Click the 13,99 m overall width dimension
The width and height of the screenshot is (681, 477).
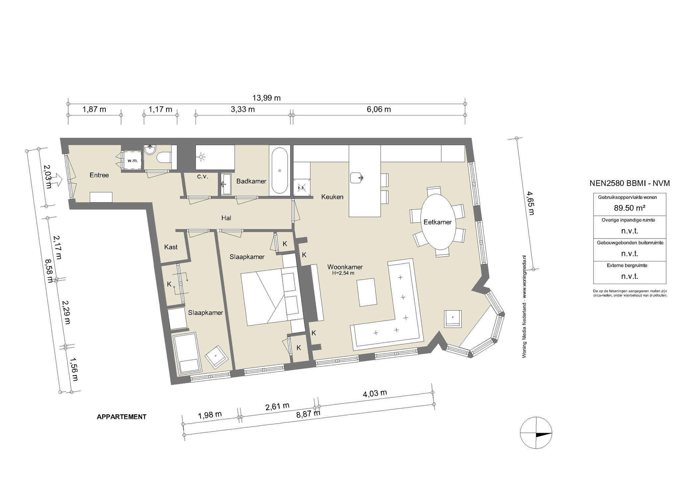coord(266,98)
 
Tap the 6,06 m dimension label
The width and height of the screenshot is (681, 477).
coord(379,109)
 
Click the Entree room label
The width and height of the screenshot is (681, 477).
coord(99,175)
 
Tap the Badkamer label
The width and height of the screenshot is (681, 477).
coord(251,181)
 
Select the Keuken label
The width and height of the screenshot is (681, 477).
coord(332,197)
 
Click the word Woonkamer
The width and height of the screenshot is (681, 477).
coord(345,267)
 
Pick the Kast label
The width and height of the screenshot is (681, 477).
coord(171,247)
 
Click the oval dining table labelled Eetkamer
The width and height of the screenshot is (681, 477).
coord(437,222)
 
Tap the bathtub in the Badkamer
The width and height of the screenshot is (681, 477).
coord(280,170)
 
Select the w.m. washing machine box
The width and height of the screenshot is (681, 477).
coord(133,161)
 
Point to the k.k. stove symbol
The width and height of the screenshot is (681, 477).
coord(301,188)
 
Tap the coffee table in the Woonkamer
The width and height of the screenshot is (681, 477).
coord(367,292)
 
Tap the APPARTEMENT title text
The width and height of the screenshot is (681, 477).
coord(122,417)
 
